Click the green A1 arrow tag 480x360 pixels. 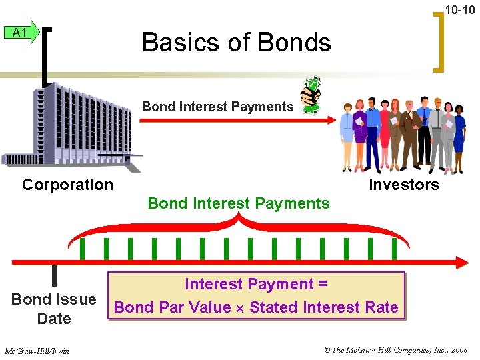pyautogui.click(x=21, y=33)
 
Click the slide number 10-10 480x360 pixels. pyautogui.click(x=460, y=10)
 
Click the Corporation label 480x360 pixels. pyautogui.click(x=67, y=185)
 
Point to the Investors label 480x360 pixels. pyautogui.click(x=404, y=185)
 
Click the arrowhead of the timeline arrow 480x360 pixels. pyautogui.click(x=461, y=263)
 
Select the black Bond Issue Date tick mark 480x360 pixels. pyautogui.click(x=54, y=275)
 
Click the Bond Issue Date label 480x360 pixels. pyautogui.click(x=54, y=309)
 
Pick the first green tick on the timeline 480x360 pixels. pyautogui.click(x=82, y=249)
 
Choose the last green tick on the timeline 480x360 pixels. pyautogui.click(x=394, y=249)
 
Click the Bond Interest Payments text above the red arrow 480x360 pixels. pyautogui.click(x=217, y=107)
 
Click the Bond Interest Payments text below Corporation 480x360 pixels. pyautogui.click(x=239, y=203)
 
